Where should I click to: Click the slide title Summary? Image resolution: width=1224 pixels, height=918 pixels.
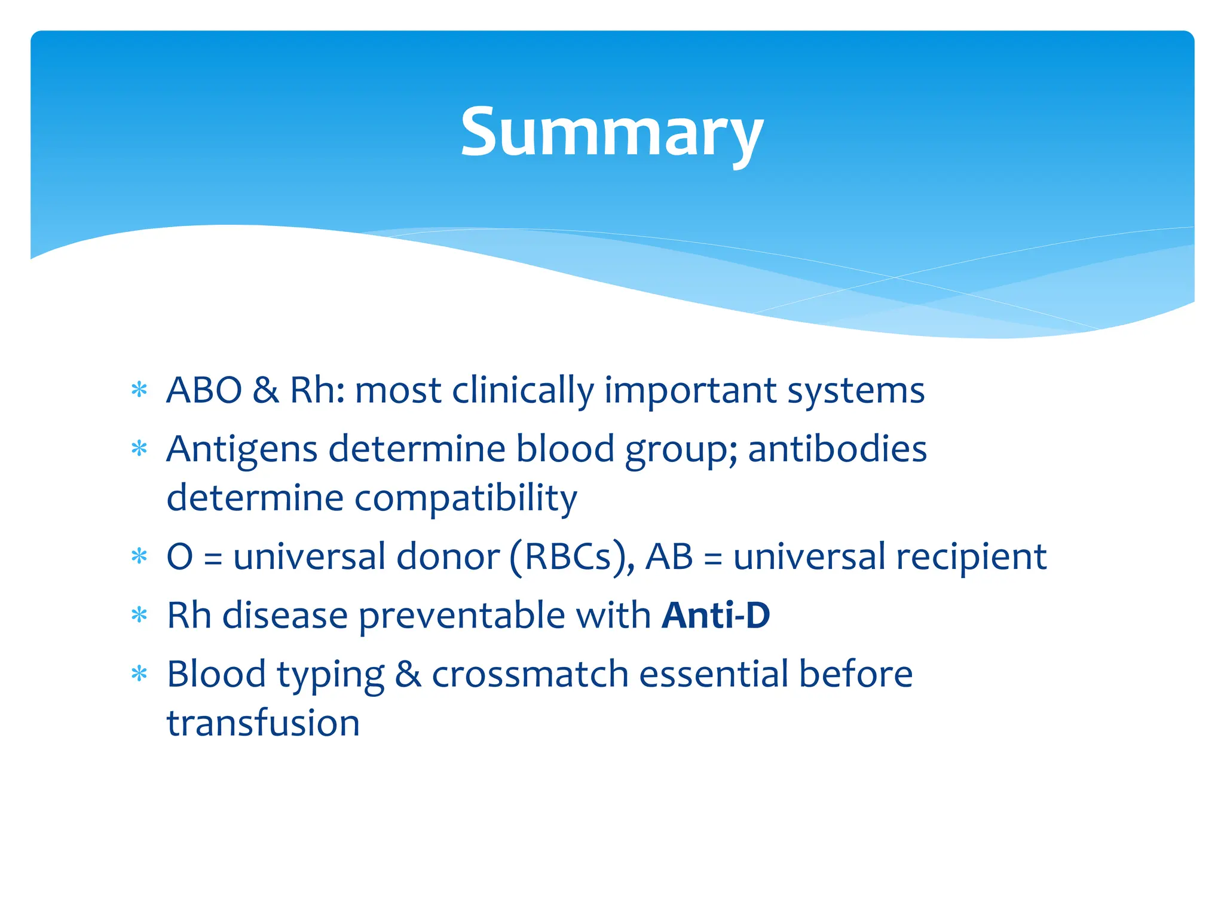[x=611, y=133]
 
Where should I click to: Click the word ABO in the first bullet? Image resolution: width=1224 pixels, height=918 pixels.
[x=204, y=390]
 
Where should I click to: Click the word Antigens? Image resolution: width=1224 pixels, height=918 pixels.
[x=241, y=449]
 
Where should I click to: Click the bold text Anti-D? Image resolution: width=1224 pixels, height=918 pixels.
[x=715, y=615]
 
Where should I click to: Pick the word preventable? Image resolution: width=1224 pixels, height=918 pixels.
[x=461, y=616]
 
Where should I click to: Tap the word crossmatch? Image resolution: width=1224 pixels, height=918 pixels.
[x=530, y=674]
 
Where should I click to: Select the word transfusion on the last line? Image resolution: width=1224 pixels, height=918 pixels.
[x=263, y=723]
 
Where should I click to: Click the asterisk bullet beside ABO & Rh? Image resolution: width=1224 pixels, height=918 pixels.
[x=139, y=390]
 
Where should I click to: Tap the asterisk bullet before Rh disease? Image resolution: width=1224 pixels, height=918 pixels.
[x=139, y=615]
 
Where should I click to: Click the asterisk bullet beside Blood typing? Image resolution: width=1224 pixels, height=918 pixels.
[x=139, y=674]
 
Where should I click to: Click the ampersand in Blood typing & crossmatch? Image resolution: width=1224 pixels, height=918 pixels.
[x=408, y=674]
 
